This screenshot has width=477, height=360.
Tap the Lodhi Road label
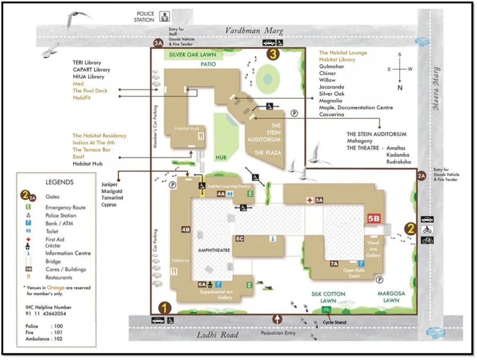coord(217,335)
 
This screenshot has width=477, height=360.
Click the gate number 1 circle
coord(165,307)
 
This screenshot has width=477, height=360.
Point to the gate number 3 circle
coord(272,54)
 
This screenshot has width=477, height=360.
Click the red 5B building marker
coord(374,218)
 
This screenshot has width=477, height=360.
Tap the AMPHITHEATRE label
coord(215,250)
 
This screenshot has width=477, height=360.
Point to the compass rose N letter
coord(400,88)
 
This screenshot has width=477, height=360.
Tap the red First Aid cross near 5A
coord(310,200)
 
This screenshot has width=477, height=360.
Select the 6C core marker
coord(240,239)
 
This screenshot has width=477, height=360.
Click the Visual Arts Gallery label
coord(373,249)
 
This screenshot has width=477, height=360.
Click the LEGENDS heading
coord(59,182)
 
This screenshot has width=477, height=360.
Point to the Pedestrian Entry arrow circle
coord(277,319)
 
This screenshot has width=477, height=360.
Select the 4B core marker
coord(185,230)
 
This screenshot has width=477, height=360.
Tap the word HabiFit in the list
coord(82,98)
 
